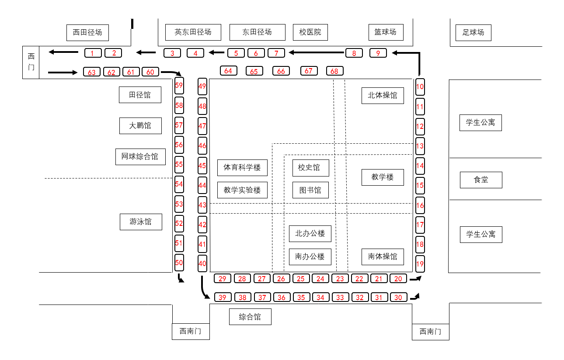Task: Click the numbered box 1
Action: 93,53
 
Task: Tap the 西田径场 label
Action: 87,33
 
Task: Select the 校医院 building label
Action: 310,32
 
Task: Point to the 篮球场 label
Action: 386,32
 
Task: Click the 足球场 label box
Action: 473,33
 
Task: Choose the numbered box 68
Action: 334,71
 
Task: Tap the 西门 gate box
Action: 31,62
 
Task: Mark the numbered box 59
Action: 179,86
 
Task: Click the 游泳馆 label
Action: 141,222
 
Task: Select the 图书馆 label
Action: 310,190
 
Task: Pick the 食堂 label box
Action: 481,180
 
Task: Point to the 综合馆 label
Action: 250,317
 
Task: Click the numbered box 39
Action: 223,297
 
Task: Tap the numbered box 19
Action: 420,264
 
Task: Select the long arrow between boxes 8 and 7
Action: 316,53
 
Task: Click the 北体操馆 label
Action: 383,96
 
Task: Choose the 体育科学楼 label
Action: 242,168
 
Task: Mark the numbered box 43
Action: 202,205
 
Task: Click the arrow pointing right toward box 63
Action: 63,72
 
